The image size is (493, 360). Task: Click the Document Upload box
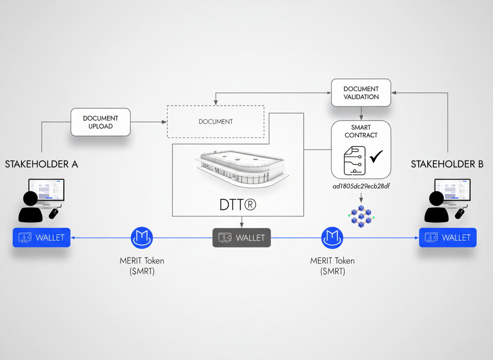(x=100, y=122)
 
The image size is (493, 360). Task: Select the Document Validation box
(x=361, y=92)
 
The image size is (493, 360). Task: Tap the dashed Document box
(x=215, y=122)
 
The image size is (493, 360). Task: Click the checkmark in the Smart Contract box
(x=376, y=157)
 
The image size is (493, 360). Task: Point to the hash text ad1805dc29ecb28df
(x=361, y=186)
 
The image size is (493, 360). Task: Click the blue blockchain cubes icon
(x=361, y=216)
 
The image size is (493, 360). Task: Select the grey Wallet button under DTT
(x=242, y=237)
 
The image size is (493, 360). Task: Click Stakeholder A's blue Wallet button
(x=42, y=237)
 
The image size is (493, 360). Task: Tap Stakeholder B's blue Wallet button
(x=448, y=237)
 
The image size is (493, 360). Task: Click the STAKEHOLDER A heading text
(x=41, y=164)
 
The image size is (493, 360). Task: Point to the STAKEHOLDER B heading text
(x=447, y=164)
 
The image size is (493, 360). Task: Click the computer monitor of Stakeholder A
(x=46, y=190)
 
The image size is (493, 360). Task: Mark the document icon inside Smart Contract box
(x=354, y=160)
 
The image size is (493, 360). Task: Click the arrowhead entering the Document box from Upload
(x=164, y=122)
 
